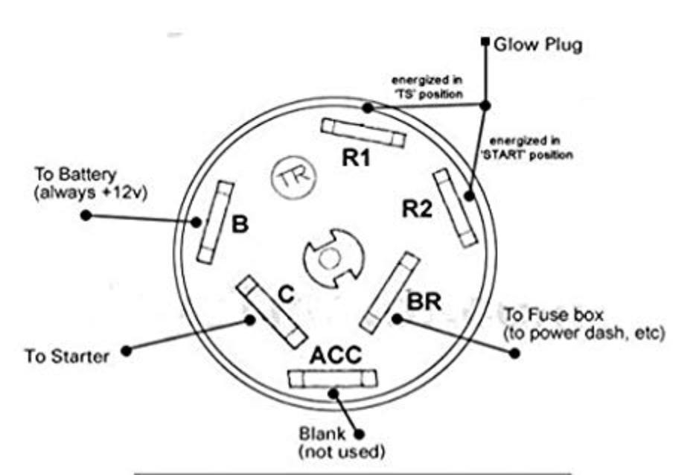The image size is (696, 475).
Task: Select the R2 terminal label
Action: coord(417,210)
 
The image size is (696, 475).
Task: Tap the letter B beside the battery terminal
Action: coord(240,224)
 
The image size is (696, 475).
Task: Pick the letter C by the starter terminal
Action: coord(285,296)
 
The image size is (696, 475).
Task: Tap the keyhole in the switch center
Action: coord(331,259)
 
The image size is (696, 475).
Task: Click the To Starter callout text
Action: coord(67,356)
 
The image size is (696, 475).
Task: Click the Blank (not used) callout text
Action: coord(341,442)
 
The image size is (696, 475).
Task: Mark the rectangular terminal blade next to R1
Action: coord(363,132)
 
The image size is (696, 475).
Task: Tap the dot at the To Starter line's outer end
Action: coord(127,349)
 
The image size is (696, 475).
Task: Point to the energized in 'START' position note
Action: coord(530,148)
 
